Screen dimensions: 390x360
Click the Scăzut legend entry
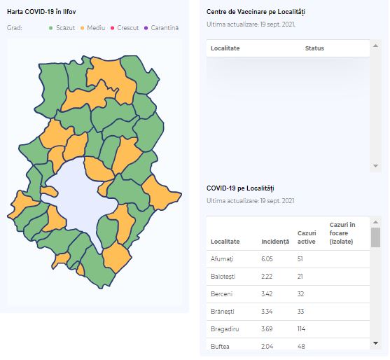(62, 28)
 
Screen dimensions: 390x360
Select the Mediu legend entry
(93, 28)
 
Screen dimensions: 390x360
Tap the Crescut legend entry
(125, 28)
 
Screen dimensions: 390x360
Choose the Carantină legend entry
(162, 28)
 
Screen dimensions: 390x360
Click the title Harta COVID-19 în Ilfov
(41, 12)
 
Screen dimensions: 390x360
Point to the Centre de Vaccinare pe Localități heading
(256, 12)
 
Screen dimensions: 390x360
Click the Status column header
(314, 48)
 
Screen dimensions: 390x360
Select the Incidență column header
(275, 242)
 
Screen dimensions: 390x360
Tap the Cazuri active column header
(307, 237)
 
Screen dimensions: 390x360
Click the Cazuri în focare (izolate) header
(342, 233)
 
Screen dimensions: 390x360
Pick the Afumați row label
(222, 259)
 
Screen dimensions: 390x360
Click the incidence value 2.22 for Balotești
(267, 277)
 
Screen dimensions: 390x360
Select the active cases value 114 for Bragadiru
(301, 329)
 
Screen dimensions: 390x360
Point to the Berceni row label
(221, 294)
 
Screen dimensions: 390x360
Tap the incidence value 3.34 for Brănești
(267, 312)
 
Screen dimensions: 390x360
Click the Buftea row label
(220, 346)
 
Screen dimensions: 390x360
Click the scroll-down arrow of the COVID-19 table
(375, 343)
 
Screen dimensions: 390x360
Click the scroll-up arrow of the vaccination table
(375, 46)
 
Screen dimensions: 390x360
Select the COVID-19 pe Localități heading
(240, 188)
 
